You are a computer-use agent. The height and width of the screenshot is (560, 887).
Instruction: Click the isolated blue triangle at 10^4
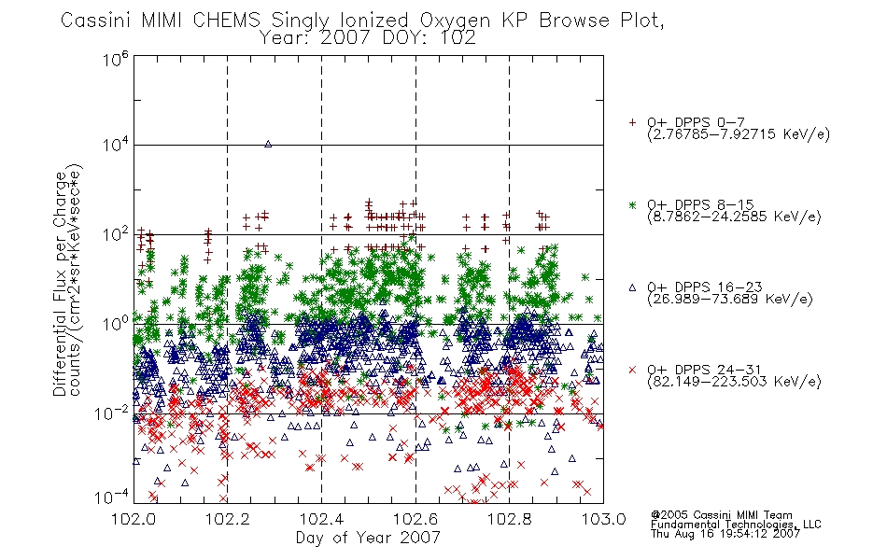tap(268, 145)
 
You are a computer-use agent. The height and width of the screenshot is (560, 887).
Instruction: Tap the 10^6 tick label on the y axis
tap(116, 59)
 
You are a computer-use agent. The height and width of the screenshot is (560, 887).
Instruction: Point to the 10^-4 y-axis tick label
tap(111, 497)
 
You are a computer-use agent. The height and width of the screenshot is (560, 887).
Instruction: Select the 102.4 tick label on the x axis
tap(322, 519)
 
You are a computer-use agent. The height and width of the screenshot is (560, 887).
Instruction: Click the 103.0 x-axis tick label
tap(603, 519)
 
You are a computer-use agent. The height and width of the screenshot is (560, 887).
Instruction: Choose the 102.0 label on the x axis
tap(134, 519)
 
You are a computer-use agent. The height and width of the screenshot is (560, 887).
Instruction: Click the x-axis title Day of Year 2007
tap(368, 538)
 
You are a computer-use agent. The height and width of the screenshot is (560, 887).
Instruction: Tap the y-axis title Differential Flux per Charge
tap(60, 284)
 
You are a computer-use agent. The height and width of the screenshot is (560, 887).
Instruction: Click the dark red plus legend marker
tap(632, 122)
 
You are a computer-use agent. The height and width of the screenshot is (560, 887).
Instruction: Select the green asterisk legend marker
tap(632, 204)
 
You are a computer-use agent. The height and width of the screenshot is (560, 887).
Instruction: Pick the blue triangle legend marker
tap(632, 287)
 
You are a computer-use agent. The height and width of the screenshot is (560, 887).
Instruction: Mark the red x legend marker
tap(632, 370)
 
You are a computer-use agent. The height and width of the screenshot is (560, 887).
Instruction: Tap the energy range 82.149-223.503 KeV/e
tap(734, 382)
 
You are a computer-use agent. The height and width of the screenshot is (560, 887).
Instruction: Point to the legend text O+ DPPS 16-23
tap(704, 287)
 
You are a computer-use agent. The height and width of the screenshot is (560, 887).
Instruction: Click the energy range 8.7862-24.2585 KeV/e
tap(734, 217)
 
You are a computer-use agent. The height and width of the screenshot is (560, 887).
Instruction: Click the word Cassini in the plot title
tap(97, 21)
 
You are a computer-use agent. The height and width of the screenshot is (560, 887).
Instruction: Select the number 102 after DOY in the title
tap(456, 38)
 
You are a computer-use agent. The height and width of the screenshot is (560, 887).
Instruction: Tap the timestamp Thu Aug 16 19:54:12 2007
tap(725, 534)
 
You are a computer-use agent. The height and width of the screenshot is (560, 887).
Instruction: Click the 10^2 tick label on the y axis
tap(116, 234)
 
